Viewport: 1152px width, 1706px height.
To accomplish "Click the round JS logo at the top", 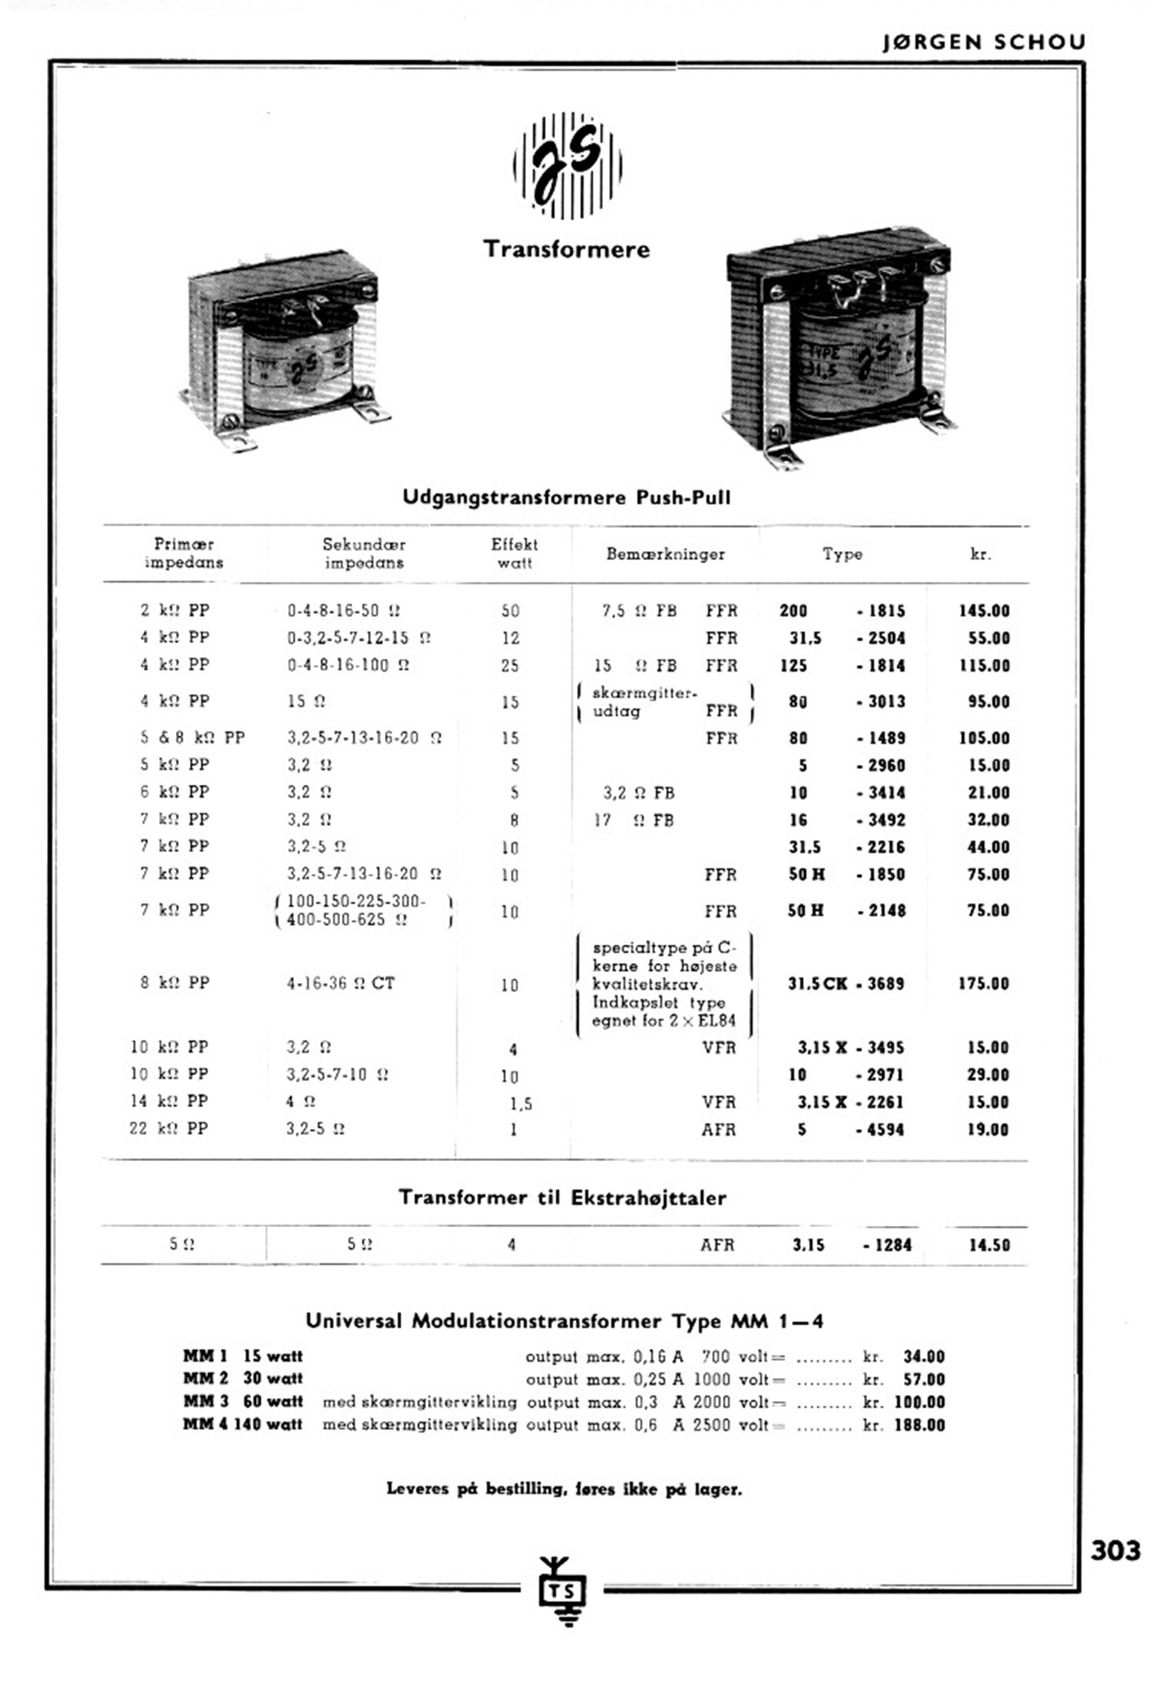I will pyautogui.click(x=567, y=165).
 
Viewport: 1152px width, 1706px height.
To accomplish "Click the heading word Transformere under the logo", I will pyautogui.click(x=567, y=249).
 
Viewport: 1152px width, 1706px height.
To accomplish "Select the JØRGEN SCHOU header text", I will pyautogui.click(x=984, y=42).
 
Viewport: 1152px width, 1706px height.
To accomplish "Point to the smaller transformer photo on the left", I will pyautogui.click(x=284, y=350).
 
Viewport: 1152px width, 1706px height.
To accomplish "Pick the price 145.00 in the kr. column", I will pyautogui.click(x=984, y=611).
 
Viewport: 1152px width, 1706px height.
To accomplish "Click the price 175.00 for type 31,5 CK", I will pyautogui.click(x=983, y=984).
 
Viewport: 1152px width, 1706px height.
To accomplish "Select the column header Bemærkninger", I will pyautogui.click(x=665, y=554).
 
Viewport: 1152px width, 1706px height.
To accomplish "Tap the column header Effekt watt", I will pyautogui.click(x=514, y=553).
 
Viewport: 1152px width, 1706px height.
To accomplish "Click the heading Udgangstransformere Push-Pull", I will pyautogui.click(x=567, y=497).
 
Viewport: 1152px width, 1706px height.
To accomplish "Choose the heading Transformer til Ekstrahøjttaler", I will pyautogui.click(x=562, y=1197).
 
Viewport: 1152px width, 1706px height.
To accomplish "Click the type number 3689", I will pyautogui.click(x=886, y=984).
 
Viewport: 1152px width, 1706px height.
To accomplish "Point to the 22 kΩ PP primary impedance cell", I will pyautogui.click(x=168, y=1129).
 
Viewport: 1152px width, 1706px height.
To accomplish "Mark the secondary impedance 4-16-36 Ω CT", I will pyautogui.click(x=340, y=984).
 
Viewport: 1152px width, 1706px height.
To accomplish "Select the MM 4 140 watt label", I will pyautogui.click(x=243, y=1424).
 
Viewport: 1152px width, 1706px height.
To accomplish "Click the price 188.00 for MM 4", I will pyautogui.click(x=919, y=1425).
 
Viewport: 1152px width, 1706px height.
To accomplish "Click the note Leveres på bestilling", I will pyautogui.click(x=564, y=1489).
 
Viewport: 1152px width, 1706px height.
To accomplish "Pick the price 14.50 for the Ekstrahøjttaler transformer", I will pyautogui.click(x=988, y=1245).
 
